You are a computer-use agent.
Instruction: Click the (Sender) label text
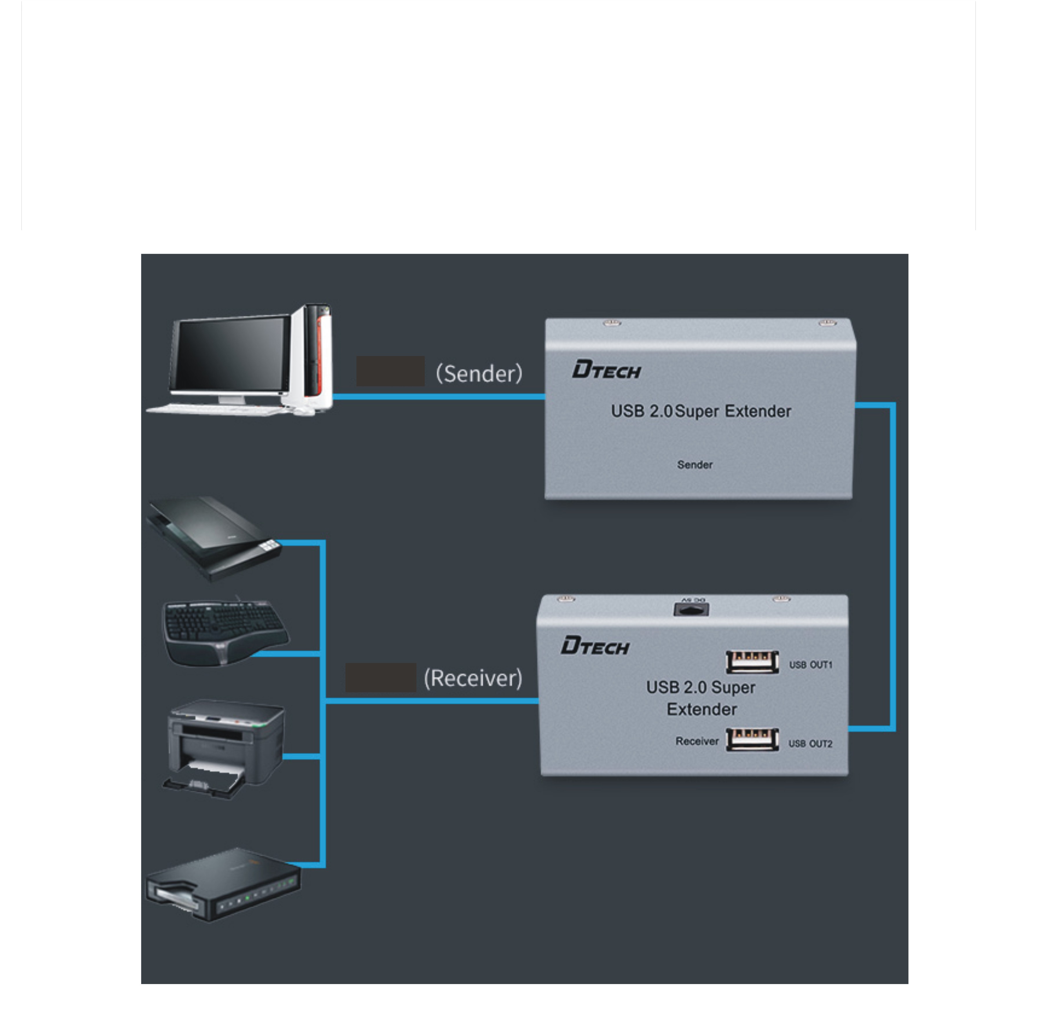[478, 373]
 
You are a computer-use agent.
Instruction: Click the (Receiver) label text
[473, 678]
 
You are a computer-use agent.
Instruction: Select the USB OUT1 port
[752, 662]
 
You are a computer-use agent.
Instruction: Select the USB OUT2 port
[752, 740]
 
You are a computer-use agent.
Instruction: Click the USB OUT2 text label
[810, 743]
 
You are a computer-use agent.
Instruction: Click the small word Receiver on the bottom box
[697, 741]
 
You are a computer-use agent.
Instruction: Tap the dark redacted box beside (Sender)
[390, 371]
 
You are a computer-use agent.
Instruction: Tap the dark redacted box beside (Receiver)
[380, 677]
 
